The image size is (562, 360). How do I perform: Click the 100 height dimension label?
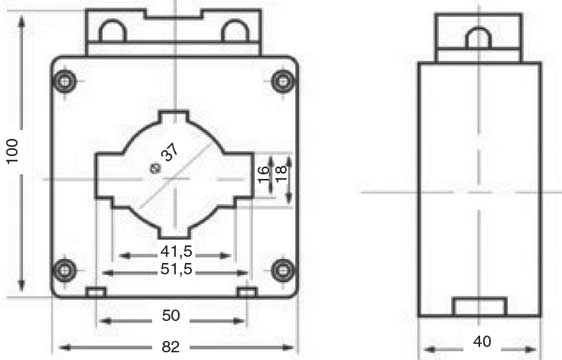tap(12, 151)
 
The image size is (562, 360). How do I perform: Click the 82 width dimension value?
tap(171, 347)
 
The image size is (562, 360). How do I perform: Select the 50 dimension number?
tap(171, 316)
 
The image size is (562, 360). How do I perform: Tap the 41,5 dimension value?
tap(177, 251)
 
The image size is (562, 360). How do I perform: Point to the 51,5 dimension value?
tap(177, 269)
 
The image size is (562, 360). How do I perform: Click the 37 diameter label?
tap(169, 152)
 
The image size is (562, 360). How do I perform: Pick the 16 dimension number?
tap(263, 174)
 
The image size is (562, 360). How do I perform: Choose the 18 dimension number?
tap(281, 174)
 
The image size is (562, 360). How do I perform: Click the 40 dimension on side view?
tap(482, 341)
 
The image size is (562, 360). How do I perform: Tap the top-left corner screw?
tap(65, 81)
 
